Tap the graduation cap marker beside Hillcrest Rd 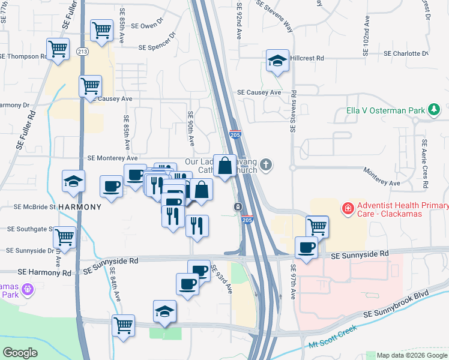tap(277, 61)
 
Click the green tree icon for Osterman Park tap(433, 110)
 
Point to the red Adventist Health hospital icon tap(347, 209)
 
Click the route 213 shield tap(82, 52)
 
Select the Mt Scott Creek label tap(332, 338)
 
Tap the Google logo tap(20, 353)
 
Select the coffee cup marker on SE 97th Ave tap(306, 247)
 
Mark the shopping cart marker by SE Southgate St tap(64, 236)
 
